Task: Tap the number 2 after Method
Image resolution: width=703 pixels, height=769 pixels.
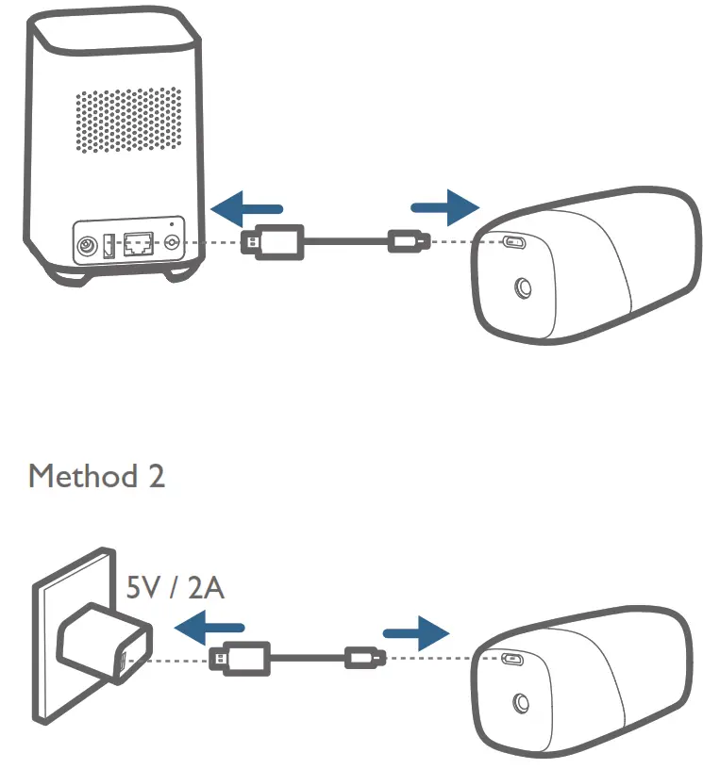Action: click(x=155, y=476)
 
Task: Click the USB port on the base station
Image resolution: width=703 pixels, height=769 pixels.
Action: click(x=109, y=248)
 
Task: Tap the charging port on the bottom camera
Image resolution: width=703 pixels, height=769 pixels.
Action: click(x=515, y=659)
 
